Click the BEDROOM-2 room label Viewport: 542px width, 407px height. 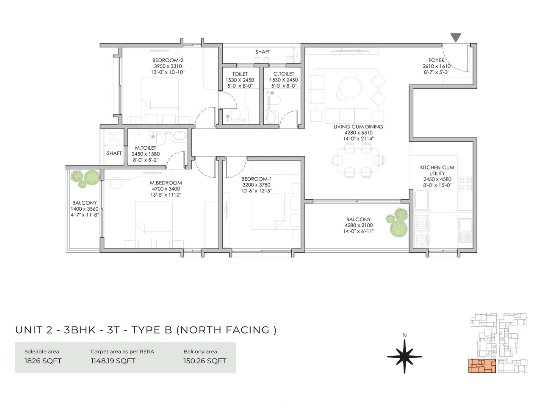coord(168,60)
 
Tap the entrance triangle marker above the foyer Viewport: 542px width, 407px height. coord(456,38)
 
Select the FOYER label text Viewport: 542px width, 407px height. coord(436,60)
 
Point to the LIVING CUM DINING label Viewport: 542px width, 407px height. coord(358,126)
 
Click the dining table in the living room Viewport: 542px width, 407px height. coord(358,160)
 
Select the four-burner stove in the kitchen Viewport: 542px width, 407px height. coord(466,184)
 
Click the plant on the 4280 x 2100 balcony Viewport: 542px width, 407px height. coord(398,223)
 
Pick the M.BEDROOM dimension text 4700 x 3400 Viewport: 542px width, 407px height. coord(166,189)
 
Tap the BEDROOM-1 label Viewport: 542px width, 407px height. coord(256,179)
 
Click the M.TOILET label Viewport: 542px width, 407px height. coord(145,148)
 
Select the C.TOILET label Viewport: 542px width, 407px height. coord(284,74)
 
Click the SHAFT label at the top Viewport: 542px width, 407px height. coord(263,52)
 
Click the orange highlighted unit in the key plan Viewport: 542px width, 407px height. coord(482,366)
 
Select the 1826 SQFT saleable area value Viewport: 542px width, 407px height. coord(43,361)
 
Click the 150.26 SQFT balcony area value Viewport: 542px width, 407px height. coord(205,361)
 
